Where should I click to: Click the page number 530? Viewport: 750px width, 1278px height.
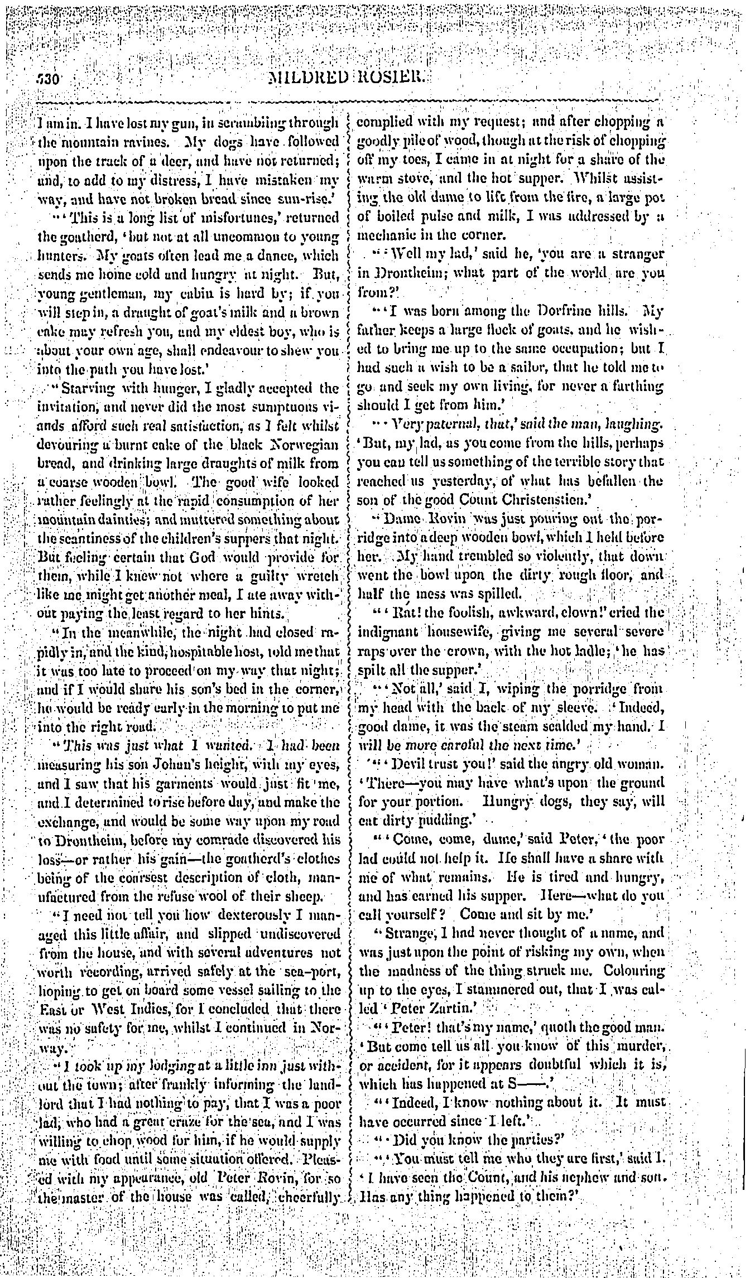[x=51, y=78]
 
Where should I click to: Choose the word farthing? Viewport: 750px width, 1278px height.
[x=633, y=386]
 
